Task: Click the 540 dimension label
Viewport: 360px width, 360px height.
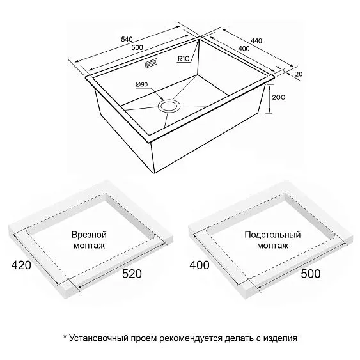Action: coord(127,39)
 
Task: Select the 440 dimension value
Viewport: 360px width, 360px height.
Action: coord(256,41)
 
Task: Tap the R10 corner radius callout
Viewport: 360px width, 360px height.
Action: coord(184,59)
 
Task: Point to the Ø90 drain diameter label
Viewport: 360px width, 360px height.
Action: coord(142,84)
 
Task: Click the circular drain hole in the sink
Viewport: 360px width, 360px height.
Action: coord(169,106)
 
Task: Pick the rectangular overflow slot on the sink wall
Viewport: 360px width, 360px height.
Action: coord(151,63)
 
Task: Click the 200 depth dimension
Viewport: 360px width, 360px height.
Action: coord(279,97)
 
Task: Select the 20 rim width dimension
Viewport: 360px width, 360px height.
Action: coord(299,74)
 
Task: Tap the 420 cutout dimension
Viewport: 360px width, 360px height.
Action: coord(21,265)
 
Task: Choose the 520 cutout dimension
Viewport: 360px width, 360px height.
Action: coord(132,274)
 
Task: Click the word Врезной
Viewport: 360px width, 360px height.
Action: coord(89,235)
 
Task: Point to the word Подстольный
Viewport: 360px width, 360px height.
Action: coord(272,235)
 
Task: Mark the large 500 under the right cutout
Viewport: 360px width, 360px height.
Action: coord(311,274)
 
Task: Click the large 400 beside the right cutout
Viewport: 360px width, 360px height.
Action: coord(200,265)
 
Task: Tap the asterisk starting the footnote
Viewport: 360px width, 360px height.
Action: coord(65,336)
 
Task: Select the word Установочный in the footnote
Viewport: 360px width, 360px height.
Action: coord(98,338)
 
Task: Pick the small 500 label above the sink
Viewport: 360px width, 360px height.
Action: coord(137,47)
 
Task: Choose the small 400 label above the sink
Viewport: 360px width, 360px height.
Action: coord(244,49)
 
